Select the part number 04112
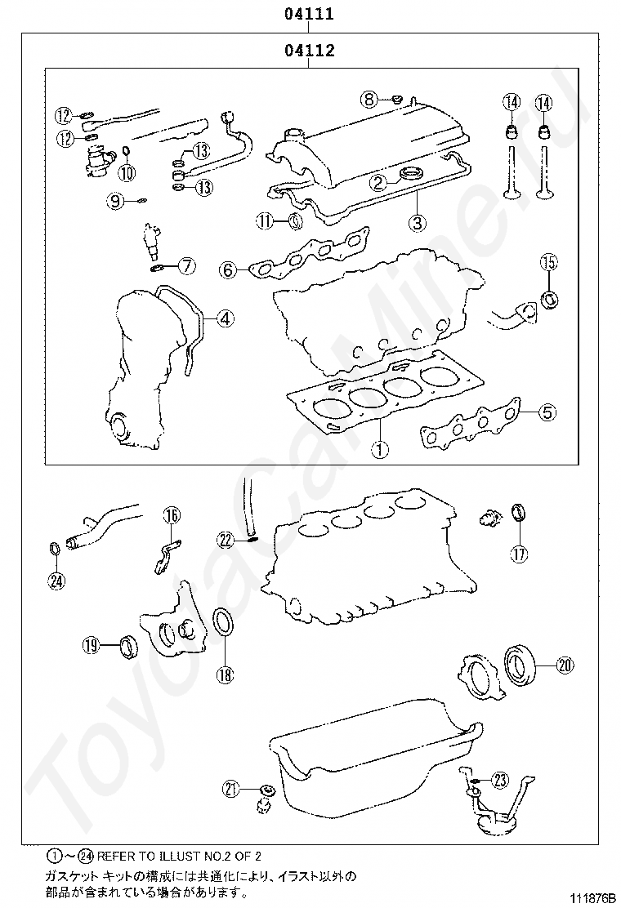click(x=310, y=51)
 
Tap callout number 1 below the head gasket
click(x=379, y=448)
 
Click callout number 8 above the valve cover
click(x=369, y=100)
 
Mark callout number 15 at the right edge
click(x=548, y=262)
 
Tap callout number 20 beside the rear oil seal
click(x=565, y=665)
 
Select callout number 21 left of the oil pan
click(x=231, y=789)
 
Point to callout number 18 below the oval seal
click(x=225, y=674)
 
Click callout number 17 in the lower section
click(x=520, y=554)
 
